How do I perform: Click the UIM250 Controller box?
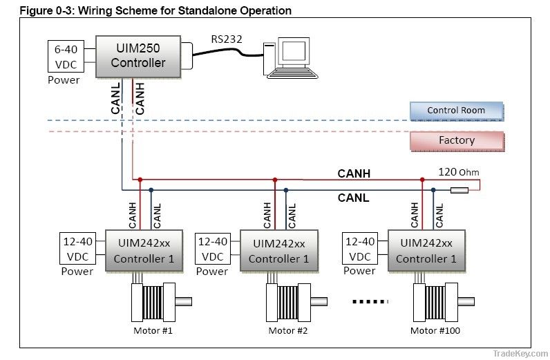[140, 55]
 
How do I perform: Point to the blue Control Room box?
[456, 111]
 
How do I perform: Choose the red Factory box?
[456, 140]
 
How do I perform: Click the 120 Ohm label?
[457, 172]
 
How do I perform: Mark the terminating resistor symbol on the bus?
[459, 190]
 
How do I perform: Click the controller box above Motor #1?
[143, 250]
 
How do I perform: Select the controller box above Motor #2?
[278, 250]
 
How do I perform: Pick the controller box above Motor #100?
[426, 250]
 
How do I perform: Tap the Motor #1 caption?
[153, 330]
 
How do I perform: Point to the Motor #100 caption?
[435, 330]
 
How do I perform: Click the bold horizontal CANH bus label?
[354, 173]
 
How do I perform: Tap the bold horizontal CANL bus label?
[353, 198]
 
